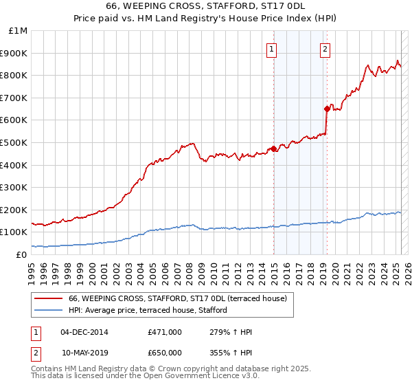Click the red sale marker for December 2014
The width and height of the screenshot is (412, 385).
pyautogui.click(x=273, y=148)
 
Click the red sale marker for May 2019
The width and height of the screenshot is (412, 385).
pyautogui.click(x=327, y=108)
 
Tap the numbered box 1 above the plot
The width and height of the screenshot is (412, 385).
pyautogui.click(x=273, y=49)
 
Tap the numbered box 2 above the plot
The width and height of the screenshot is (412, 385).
pyautogui.click(x=324, y=49)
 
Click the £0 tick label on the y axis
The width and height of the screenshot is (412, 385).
pyautogui.click(x=21, y=254)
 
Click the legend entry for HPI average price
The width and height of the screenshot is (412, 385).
pyautogui.click(x=152, y=311)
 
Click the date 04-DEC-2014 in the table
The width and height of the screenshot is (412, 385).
pyautogui.click(x=84, y=332)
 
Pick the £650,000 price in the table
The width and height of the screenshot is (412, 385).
pyautogui.click(x=165, y=353)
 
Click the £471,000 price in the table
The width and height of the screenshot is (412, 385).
pyautogui.click(x=165, y=332)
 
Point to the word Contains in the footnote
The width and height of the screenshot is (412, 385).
pyautogui.click(x=47, y=368)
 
